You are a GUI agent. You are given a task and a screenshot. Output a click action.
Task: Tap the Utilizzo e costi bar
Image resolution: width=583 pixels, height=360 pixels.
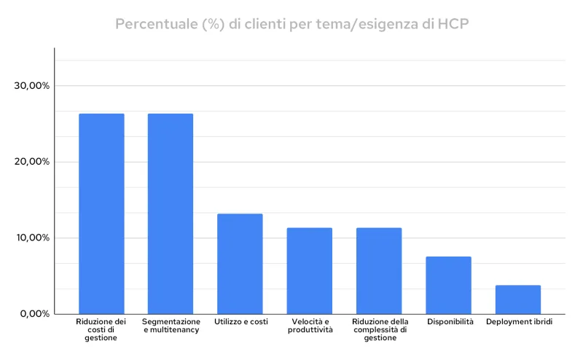(x=240, y=263)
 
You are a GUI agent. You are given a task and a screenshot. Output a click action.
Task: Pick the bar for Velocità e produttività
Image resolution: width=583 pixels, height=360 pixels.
(x=309, y=270)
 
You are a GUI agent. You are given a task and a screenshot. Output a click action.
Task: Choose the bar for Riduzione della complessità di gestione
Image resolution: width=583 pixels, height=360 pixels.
(x=379, y=270)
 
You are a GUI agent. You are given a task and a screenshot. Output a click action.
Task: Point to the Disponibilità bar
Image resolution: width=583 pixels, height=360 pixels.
(x=448, y=285)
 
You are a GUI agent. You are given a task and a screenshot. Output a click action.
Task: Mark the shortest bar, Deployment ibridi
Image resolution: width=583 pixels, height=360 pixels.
(x=517, y=299)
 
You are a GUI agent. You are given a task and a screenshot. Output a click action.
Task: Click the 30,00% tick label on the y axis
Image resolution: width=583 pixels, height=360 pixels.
(x=32, y=86)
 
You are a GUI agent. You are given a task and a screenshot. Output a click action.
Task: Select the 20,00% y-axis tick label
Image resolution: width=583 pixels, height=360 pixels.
(x=32, y=162)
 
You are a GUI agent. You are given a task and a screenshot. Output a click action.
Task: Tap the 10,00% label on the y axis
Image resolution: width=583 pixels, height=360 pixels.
(x=32, y=238)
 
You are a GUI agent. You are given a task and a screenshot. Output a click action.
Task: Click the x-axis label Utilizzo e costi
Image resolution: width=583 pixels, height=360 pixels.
(x=240, y=321)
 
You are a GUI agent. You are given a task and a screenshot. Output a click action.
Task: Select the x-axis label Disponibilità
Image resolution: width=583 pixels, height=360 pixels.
(x=450, y=321)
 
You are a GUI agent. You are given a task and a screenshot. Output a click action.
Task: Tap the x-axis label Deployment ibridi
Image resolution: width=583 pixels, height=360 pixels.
(x=519, y=321)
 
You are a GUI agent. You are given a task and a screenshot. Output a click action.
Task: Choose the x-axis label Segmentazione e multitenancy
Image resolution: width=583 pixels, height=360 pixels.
(x=171, y=326)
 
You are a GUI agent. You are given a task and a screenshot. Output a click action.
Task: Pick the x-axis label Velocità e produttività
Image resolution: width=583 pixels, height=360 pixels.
(x=310, y=326)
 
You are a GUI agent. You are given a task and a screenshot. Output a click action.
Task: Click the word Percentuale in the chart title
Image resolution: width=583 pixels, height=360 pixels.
(x=154, y=24)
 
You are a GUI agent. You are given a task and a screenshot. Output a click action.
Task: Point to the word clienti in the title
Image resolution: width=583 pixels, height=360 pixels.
(x=262, y=24)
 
